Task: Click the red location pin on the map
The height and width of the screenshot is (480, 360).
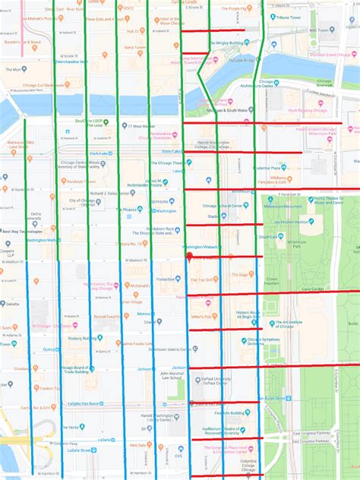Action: click(188, 257)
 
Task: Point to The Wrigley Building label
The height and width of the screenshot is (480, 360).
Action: click(228, 43)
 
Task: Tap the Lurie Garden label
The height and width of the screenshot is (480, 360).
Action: click(312, 289)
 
